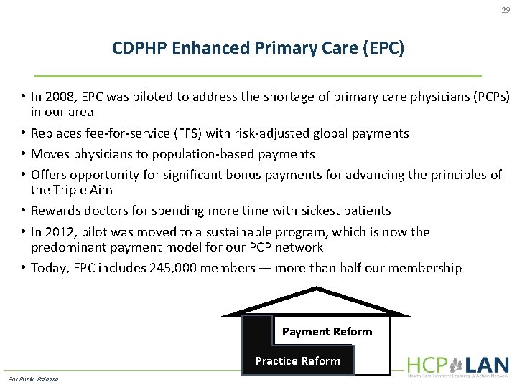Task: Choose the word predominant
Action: click(68, 247)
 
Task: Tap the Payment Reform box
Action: click(327, 331)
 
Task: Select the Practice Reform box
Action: click(297, 360)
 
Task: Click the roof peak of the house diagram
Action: click(316, 289)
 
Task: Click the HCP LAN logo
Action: click(457, 365)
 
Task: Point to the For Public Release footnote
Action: click(33, 378)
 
